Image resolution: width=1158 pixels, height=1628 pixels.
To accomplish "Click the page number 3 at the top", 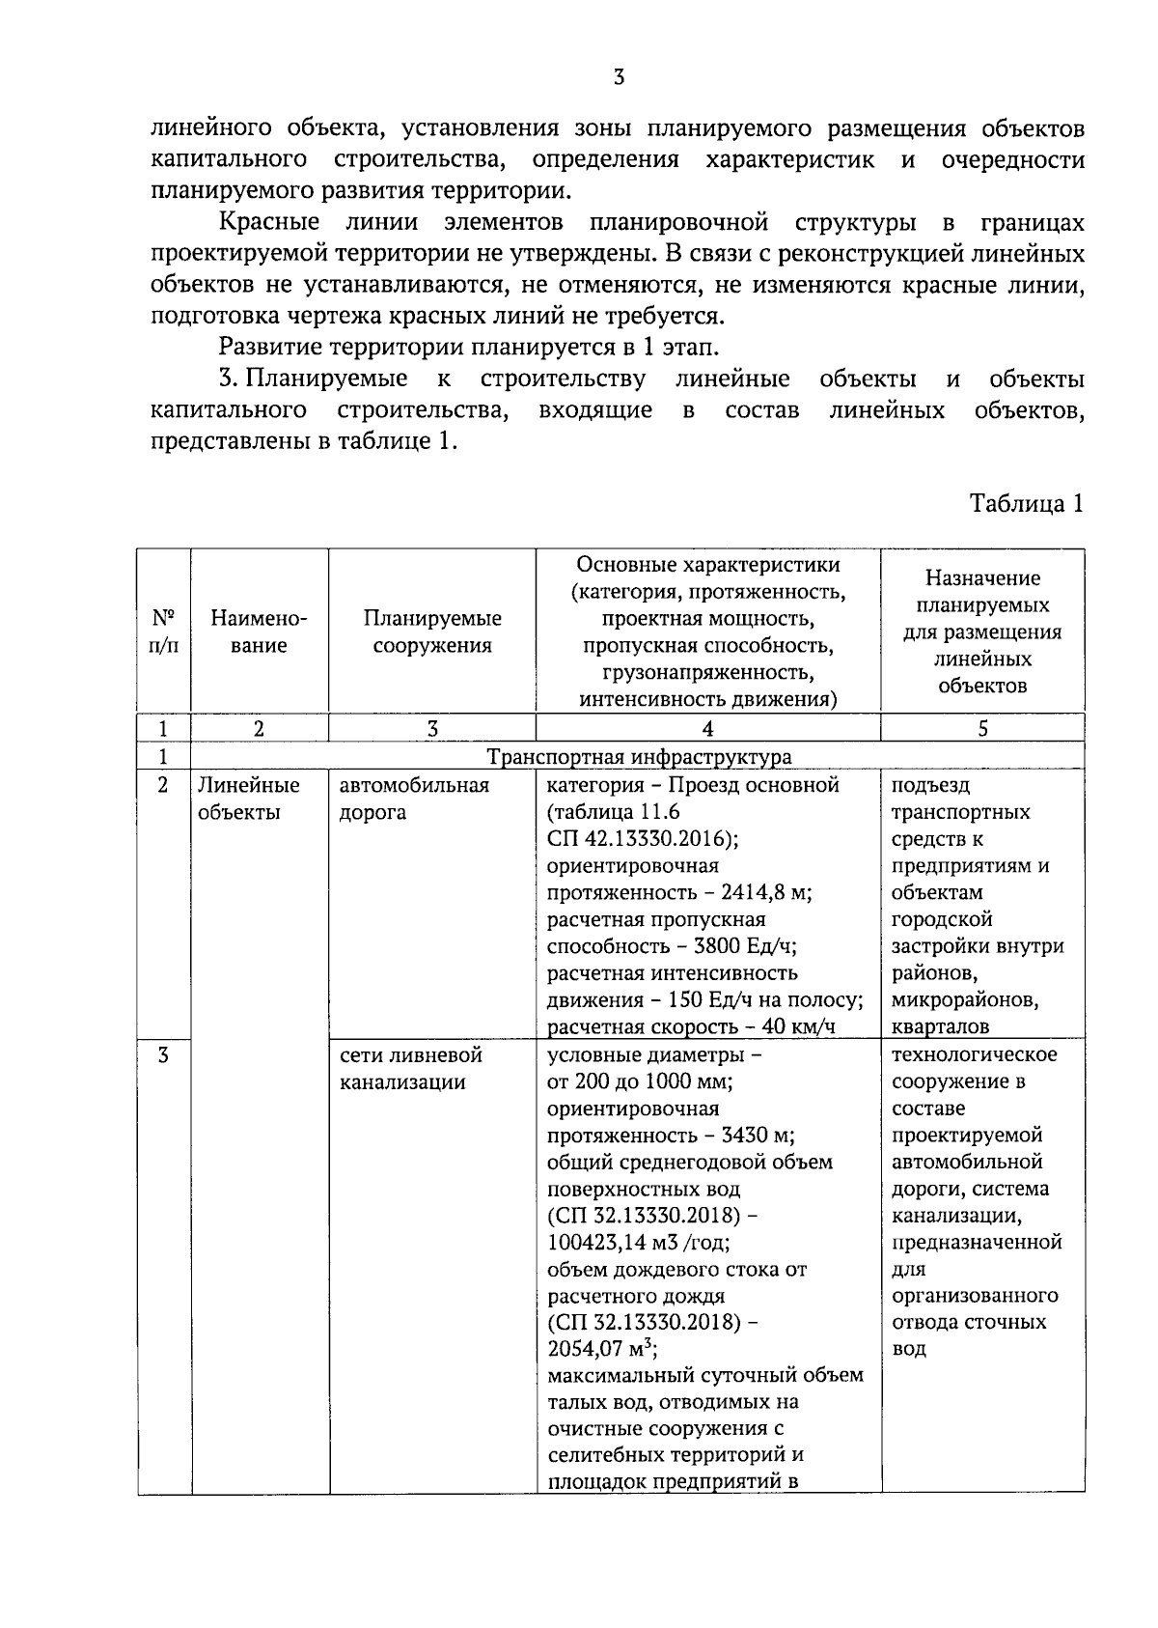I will [x=619, y=78].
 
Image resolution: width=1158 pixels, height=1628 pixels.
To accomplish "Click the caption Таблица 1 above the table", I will [x=1027, y=503].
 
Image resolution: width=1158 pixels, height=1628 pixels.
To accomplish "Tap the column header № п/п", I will [x=163, y=632].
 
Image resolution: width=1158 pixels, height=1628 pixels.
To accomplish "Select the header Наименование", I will [x=259, y=632].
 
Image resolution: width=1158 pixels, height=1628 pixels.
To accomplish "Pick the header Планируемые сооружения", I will [x=432, y=632].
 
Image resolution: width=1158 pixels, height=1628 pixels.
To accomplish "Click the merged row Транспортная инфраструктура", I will [x=639, y=756].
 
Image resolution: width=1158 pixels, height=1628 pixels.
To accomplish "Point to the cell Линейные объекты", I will [x=249, y=799].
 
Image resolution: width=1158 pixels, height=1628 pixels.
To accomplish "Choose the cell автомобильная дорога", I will [x=414, y=799].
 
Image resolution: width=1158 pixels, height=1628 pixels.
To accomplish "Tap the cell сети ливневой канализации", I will [x=410, y=1068].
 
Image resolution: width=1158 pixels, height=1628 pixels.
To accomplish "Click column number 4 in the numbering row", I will [x=707, y=729].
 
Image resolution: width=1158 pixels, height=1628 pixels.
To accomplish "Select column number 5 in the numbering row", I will [x=982, y=729].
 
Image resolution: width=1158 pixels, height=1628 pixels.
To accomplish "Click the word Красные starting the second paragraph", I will [x=269, y=223].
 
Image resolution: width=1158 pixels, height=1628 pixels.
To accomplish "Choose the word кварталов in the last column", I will [x=941, y=1026].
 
